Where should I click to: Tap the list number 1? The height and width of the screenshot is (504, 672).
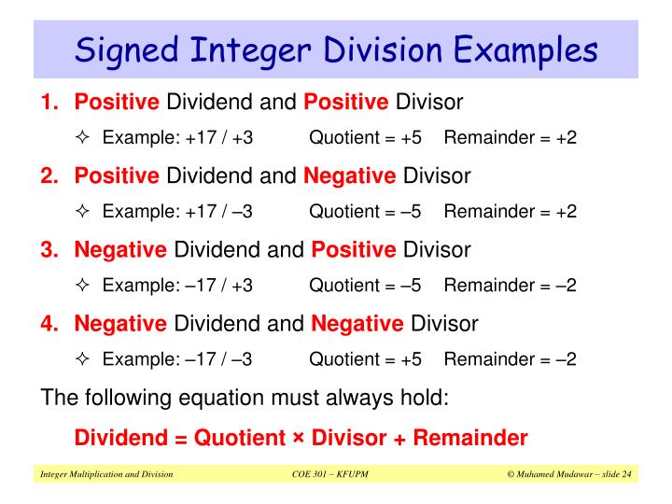49,100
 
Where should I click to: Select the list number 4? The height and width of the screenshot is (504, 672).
49,324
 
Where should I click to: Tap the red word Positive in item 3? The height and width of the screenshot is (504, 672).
354,249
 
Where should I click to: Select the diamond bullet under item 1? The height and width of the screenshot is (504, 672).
82,137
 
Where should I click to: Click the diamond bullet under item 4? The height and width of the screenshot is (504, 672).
82,359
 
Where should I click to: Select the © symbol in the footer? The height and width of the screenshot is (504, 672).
511,476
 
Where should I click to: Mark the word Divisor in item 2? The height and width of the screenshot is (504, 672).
439,175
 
